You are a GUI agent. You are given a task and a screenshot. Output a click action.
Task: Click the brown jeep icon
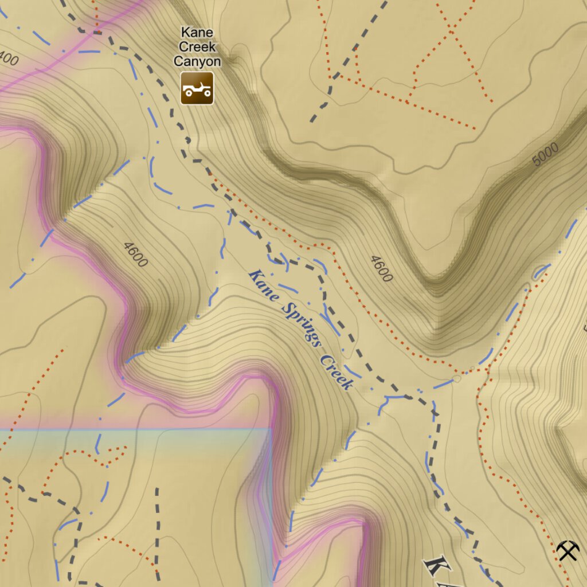click(x=197, y=88)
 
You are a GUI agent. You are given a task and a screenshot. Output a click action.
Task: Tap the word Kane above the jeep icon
click(x=197, y=33)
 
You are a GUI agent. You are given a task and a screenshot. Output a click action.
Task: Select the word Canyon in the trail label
click(x=197, y=61)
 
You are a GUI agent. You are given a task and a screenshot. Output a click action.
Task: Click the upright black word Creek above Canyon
click(x=197, y=47)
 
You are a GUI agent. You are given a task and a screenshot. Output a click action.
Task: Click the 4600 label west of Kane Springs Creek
click(x=135, y=255)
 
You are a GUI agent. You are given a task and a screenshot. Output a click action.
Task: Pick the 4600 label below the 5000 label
click(x=381, y=269)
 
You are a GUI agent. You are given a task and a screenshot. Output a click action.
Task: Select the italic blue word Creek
click(x=336, y=373)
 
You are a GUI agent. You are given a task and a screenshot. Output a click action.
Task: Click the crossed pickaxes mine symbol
click(x=568, y=551)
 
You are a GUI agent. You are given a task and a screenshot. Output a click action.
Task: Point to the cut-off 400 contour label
click(x=9, y=60)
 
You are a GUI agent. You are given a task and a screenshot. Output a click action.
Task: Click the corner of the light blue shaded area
click(x=270, y=428)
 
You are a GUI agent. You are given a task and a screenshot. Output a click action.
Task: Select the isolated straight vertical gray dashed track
click(x=157, y=525)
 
